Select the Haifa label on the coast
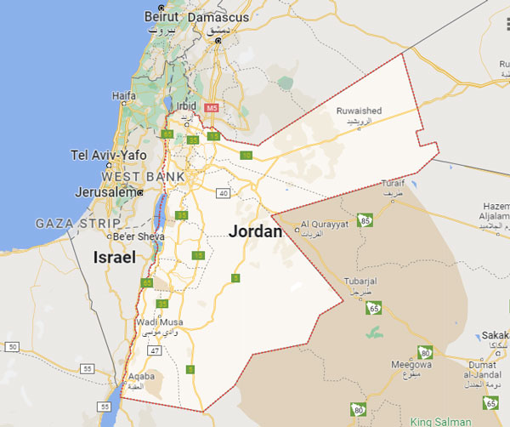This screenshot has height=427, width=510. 124,96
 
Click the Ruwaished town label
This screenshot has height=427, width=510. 360,111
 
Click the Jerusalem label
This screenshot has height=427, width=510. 105,192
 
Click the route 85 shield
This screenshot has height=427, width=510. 366,221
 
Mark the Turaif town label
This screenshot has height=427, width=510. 393,184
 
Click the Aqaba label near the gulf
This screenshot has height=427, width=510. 139,375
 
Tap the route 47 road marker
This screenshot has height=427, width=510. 155,350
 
